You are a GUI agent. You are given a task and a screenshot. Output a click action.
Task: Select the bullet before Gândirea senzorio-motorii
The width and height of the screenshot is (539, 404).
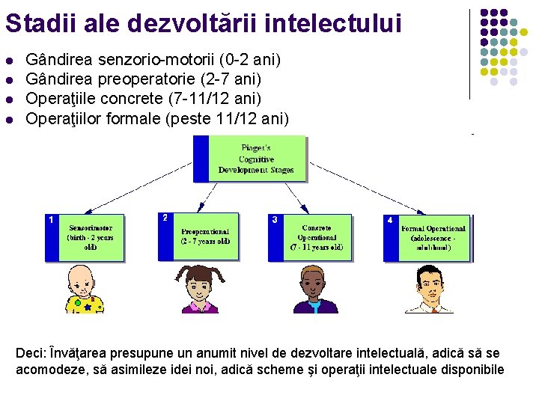click(8, 58)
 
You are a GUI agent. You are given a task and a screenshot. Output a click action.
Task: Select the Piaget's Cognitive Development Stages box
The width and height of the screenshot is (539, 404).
click(256, 159)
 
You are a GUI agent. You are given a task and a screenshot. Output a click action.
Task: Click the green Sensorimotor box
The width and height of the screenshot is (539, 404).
click(91, 237)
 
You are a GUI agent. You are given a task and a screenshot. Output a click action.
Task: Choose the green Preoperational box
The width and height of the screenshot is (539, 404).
click(204, 236)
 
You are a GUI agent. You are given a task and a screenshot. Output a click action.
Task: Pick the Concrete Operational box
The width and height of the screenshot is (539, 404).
click(317, 237)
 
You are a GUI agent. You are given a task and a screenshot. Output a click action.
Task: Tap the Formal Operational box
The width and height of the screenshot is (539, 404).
click(433, 238)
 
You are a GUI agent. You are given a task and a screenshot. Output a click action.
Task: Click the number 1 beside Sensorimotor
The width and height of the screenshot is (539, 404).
click(50, 220)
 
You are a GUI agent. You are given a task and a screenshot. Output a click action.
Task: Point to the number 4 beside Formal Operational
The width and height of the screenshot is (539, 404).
click(389, 221)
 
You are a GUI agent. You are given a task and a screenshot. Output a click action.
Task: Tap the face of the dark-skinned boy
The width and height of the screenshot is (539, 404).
click(314, 285)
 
